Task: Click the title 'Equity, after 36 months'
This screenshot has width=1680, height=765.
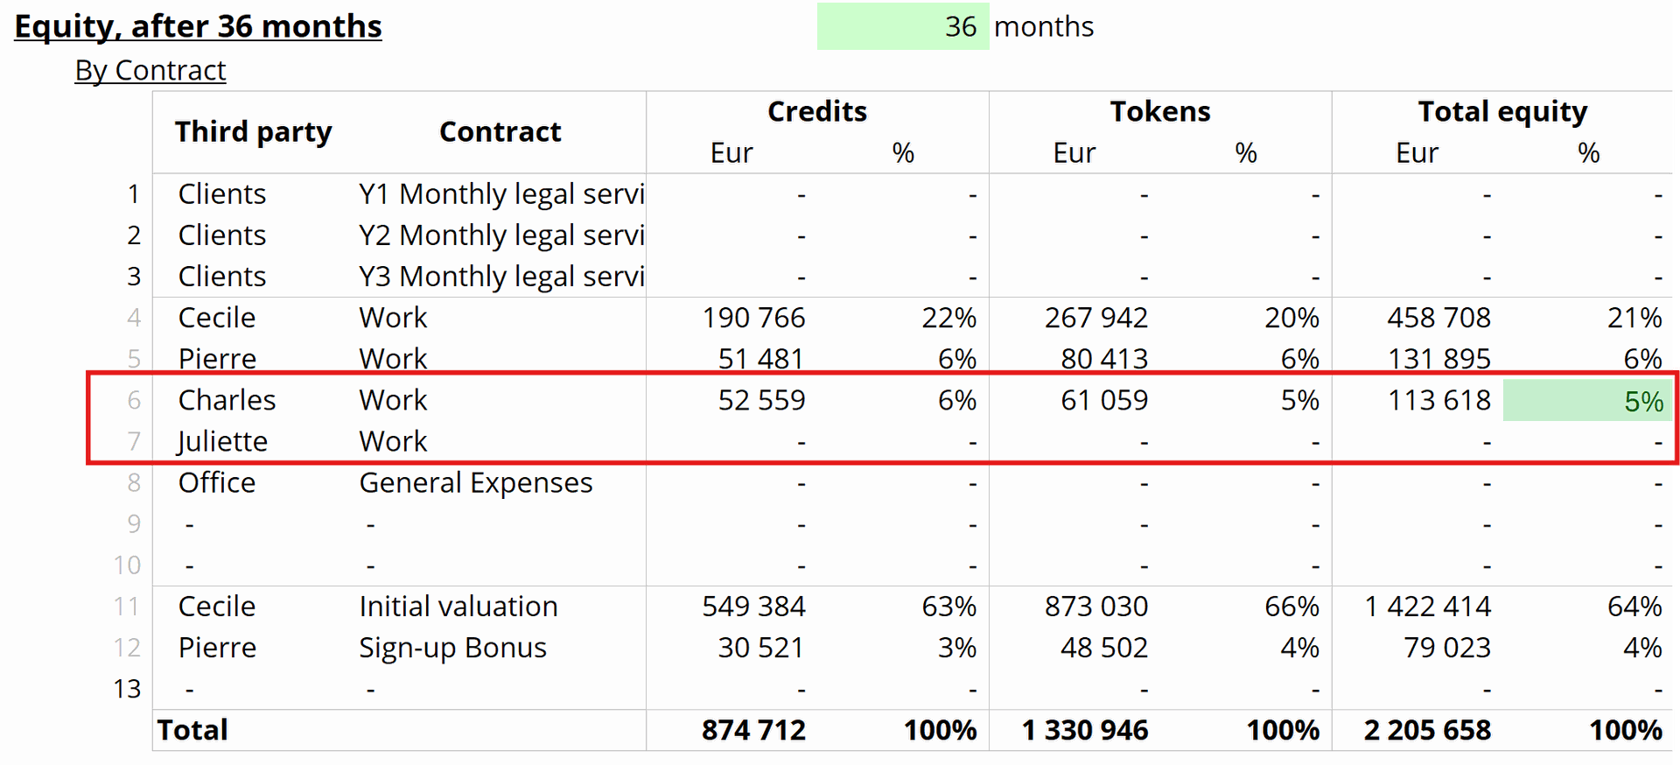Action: click(198, 27)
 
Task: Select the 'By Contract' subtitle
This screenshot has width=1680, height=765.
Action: click(150, 70)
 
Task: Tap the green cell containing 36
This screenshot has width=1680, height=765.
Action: click(903, 26)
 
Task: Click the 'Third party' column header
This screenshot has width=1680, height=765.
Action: click(254, 131)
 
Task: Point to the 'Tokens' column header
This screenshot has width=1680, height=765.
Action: click(1160, 111)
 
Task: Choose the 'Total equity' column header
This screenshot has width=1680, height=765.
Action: click(1502, 112)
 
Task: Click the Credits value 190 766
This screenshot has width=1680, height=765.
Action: click(753, 318)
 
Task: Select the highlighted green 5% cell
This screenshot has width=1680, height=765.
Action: click(1587, 401)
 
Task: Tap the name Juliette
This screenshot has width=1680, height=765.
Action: click(222, 442)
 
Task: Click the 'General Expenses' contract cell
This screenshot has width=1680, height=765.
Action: click(476, 483)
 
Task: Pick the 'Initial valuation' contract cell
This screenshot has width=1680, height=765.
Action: click(458, 607)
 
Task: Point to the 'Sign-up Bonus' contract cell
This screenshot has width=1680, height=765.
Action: click(452, 649)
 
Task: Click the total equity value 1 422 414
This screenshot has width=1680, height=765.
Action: click(1428, 607)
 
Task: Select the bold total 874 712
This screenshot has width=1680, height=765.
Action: click(753, 730)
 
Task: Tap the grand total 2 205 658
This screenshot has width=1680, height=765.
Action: click(1427, 730)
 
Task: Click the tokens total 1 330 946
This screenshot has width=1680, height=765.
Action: click(1085, 730)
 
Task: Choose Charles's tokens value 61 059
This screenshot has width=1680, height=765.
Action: click(1104, 401)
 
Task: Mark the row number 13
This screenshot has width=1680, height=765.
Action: click(127, 689)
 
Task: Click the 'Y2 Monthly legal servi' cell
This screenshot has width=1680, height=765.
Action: click(501, 235)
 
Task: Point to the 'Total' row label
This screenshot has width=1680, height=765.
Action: click(192, 730)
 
